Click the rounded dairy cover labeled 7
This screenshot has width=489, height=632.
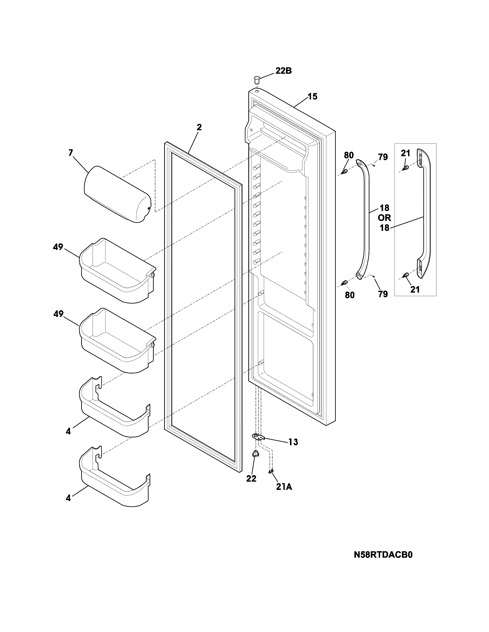tap(117, 194)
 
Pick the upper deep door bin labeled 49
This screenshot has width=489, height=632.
tap(117, 271)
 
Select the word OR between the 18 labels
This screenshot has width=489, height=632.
tap(384, 218)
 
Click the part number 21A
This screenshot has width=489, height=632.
tap(284, 487)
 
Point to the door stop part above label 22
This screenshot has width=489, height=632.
tap(255, 455)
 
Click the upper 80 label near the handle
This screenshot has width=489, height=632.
tap(349, 155)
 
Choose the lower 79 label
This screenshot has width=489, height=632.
tap(383, 294)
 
